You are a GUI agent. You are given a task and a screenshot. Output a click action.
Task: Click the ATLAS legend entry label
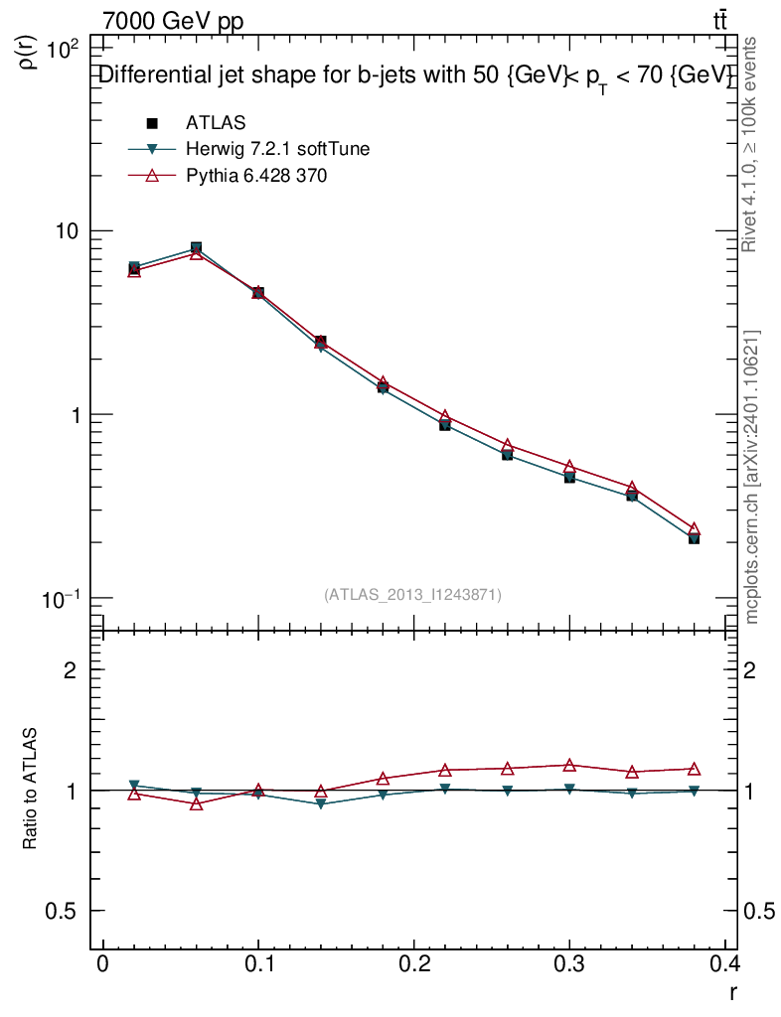pos(216,123)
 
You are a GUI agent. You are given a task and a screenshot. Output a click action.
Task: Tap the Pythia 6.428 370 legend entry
pos(256,176)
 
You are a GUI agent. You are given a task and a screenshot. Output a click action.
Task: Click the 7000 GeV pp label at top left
pos(173,21)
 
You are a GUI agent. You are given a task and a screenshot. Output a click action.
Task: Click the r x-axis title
pos(732,991)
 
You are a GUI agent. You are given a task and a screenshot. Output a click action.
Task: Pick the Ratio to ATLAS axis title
pos(30,789)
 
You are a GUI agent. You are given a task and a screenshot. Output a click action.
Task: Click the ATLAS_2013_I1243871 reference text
pos(412,595)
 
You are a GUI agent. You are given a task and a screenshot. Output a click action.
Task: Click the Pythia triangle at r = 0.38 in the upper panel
pos(694,529)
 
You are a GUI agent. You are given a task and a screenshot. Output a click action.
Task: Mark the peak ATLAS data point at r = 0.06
pos(197,247)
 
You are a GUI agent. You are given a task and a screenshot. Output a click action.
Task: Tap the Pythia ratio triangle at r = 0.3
pos(569,765)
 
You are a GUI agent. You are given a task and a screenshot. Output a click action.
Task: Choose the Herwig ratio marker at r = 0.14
pos(321,803)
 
